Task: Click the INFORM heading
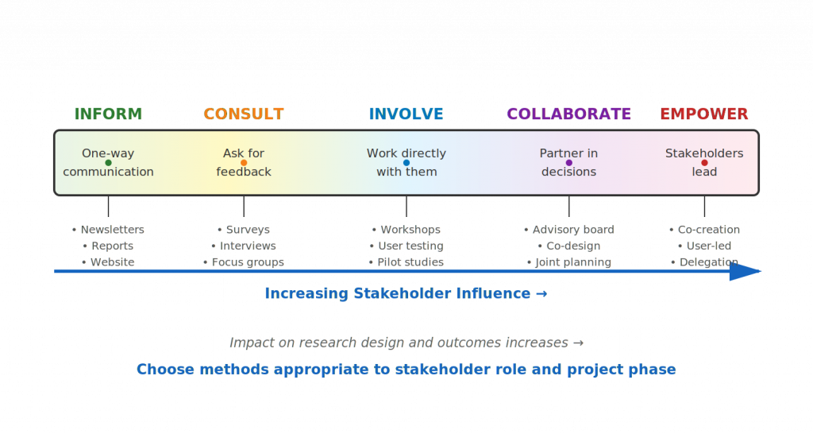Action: [108, 114]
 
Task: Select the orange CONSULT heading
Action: [244, 114]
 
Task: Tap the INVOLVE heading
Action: [406, 114]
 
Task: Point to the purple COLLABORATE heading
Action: [568, 114]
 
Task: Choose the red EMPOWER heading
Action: [704, 114]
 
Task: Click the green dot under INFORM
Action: [108, 163]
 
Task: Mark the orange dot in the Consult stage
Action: [244, 163]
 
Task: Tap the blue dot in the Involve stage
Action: [406, 163]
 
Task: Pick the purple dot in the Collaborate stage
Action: [568, 163]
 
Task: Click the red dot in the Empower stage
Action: [704, 163]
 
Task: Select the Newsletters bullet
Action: [109, 230]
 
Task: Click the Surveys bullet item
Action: [244, 230]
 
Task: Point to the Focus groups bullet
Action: [244, 262]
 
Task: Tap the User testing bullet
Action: [406, 246]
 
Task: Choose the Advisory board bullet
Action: [569, 230]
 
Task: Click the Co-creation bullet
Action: [705, 230]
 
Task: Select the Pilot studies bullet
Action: [406, 262]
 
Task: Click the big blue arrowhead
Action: [745, 272]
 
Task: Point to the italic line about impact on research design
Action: [406, 343]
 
